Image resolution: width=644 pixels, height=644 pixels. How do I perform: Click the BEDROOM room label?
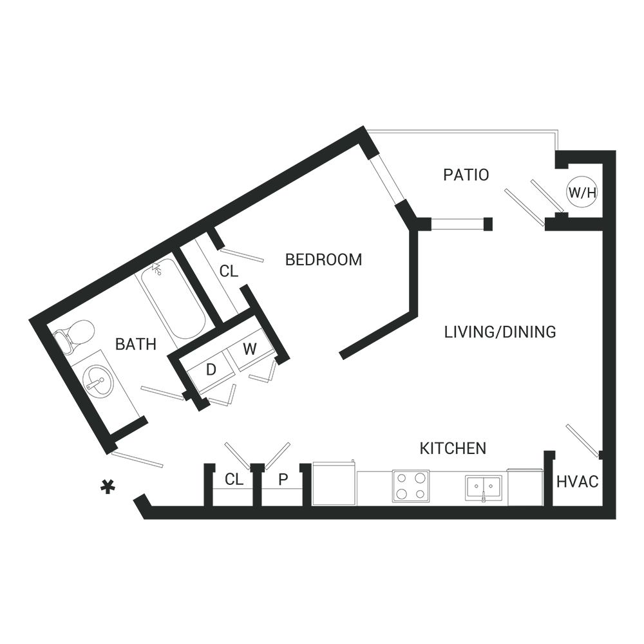pyautogui.click(x=324, y=260)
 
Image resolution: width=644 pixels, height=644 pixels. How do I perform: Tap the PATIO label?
pyautogui.click(x=466, y=175)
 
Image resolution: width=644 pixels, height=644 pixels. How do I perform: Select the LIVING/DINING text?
pyautogui.click(x=500, y=332)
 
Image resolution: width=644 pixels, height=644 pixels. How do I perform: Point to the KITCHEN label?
pyautogui.click(x=453, y=448)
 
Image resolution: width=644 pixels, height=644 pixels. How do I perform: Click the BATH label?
pyautogui.click(x=136, y=344)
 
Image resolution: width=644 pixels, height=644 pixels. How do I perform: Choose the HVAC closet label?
pyautogui.click(x=578, y=482)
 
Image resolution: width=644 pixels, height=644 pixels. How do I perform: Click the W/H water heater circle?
pyautogui.click(x=582, y=192)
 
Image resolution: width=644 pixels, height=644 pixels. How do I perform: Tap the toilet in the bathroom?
pyautogui.click(x=74, y=336)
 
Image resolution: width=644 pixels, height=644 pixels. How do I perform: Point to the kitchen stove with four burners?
pyautogui.click(x=411, y=486)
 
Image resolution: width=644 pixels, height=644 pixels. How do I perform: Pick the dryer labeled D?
pyautogui.click(x=211, y=370)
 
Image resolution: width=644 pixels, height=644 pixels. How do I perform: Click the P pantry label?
pyautogui.click(x=283, y=479)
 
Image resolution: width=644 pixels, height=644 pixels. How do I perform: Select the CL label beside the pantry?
pyautogui.click(x=234, y=479)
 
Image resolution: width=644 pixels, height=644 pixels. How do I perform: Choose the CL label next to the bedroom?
pyautogui.click(x=229, y=271)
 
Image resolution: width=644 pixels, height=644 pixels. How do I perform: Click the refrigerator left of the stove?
pyautogui.click(x=334, y=484)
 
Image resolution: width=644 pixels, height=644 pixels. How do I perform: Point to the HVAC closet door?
pyautogui.click(x=582, y=441)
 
